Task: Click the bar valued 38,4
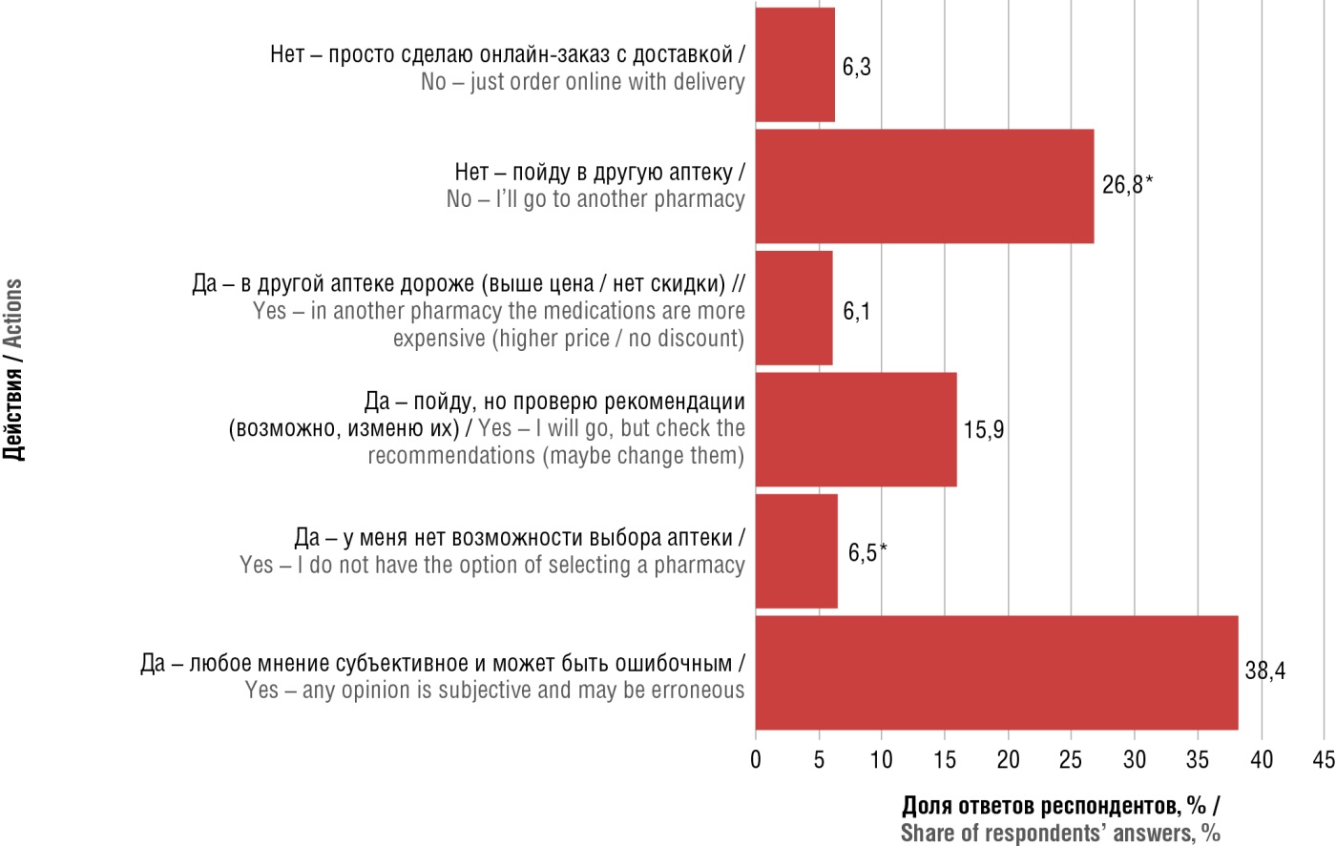[x=996, y=672]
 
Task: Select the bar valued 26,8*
[x=924, y=186]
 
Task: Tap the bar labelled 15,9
[x=855, y=429]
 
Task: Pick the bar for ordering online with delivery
[x=795, y=65]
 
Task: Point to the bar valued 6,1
[x=793, y=308]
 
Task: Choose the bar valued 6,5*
[x=796, y=550]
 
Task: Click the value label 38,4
[x=1264, y=671]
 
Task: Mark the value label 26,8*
[x=1127, y=184]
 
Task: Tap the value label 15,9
[x=983, y=430]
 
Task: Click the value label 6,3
[x=856, y=68]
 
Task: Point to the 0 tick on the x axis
[x=756, y=759]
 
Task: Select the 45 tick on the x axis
[x=1324, y=759]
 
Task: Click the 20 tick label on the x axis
[x=1008, y=759]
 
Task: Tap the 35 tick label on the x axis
[x=1197, y=759]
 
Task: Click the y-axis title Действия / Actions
[x=13, y=370]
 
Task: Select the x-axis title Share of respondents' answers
[x=1060, y=833]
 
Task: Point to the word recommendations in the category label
[x=451, y=455]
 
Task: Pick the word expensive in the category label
[x=439, y=339]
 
